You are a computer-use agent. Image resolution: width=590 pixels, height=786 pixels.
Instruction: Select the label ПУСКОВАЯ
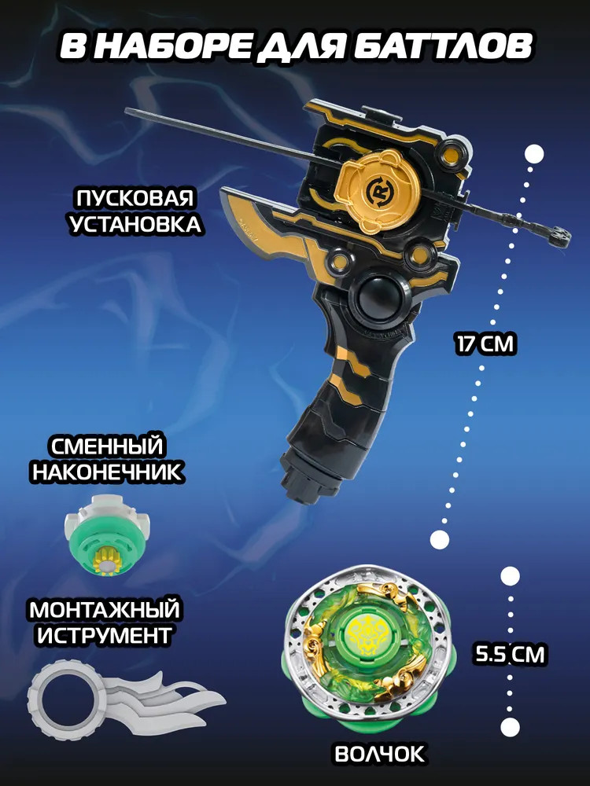point(135,198)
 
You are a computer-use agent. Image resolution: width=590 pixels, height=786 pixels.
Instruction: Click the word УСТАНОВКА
point(135,224)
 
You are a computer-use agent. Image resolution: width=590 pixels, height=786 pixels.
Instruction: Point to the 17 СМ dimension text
point(485,345)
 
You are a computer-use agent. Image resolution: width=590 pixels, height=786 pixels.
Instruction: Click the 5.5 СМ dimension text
point(510,654)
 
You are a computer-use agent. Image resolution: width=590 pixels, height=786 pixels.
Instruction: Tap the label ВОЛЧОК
point(379,754)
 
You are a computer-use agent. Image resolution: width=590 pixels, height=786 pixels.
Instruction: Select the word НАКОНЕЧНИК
point(107,472)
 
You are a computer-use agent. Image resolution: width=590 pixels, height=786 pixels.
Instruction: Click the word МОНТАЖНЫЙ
point(105,610)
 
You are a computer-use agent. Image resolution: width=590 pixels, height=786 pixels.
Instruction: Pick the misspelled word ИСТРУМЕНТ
point(105,636)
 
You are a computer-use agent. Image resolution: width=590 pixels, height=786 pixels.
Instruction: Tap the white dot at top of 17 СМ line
point(535,153)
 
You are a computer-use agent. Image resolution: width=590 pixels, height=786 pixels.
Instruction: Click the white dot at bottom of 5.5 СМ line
point(510,727)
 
